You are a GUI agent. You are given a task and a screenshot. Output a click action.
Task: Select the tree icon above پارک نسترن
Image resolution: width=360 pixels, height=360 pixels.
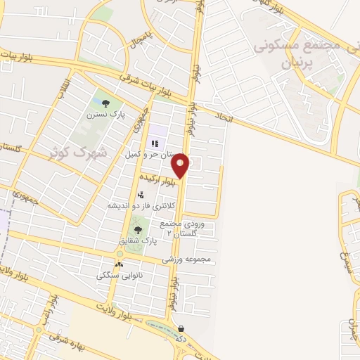(105, 103)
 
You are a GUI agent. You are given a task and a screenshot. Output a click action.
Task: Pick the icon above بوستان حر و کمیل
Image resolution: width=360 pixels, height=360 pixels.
(154, 143)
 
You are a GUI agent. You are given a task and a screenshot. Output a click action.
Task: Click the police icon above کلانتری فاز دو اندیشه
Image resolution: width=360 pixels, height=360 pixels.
(141, 195)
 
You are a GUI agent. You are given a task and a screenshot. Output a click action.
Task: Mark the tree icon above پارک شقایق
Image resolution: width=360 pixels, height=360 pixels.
(138, 229)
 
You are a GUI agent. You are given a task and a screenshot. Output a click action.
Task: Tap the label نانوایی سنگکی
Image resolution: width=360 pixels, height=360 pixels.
(120, 276)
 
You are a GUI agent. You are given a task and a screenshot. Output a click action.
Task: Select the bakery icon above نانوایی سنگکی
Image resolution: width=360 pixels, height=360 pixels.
(119, 264)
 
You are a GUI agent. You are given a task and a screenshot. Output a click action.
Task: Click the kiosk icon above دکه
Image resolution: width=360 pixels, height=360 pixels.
(181, 328)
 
